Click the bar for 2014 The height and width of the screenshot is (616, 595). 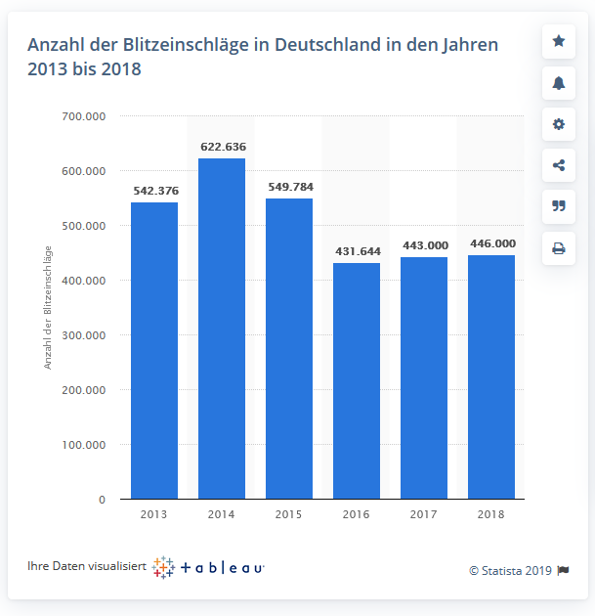click(x=222, y=329)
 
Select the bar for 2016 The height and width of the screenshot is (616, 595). click(x=357, y=381)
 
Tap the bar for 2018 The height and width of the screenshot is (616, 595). click(x=491, y=377)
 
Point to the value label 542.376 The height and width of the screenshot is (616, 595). click(x=154, y=191)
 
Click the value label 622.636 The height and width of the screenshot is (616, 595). click(x=223, y=147)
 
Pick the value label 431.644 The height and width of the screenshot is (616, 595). click(x=357, y=251)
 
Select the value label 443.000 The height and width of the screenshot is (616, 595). click(x=424, y=245)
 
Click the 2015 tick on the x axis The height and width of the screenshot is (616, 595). click(x=289, y=514)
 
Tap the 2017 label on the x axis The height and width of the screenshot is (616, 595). click(x=424, y=514)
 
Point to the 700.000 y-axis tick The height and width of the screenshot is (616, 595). click(x=84, y=116)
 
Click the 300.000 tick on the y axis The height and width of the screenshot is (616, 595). click(x=84, y=335)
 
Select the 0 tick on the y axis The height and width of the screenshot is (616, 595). click(x=101, y=500)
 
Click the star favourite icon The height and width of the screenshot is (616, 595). click(x=559, y=41)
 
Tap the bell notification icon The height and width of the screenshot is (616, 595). click(x=559, y=83)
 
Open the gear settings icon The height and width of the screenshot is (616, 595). click(x=559, y=124)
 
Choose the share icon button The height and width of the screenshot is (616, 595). click(x=559, y=165)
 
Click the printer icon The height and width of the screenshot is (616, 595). click(x=559, y=248)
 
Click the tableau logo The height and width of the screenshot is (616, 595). click(x=209, y=567)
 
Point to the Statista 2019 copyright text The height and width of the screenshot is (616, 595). click(x=511, y=571)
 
